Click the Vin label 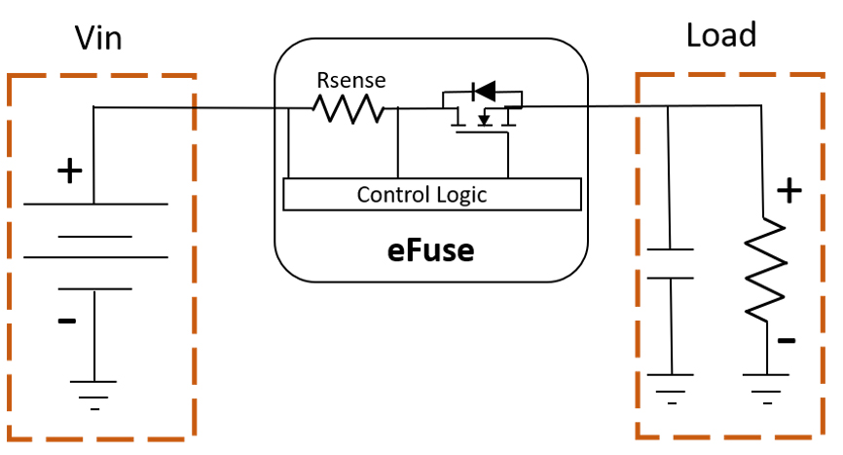pyautogui.click(x=98, y=38)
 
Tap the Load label pyautogui.click(x=721, y=35)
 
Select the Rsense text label pyautogui.click(x=351, y=81)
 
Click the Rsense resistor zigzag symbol pyautogui.click(x=348, y=109)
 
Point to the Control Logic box pyautogui.click(x=432, y=194)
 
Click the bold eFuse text pyautogui.click(x=430, y=251)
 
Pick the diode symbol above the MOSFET pyautogui.click(x=484, y=91)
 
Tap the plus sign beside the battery pyautogui.click(x=70, y=171)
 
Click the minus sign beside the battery pyautogui.click(x=67, y=322)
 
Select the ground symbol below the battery pyautogui.click(x=93, y=396)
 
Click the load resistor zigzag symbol pyautogui.click(x=765, y=270)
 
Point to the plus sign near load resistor pyautogui.click(x=789, y=191)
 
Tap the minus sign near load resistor pyautogui.click(x=787, y=340)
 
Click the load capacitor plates pyautogui.click(x=670, y=263)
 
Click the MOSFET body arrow pyautogui.click(x=485, y=119)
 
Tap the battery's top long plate pyautogui.click(x=95, y=205)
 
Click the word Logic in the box pyautogui.click(x=461, y=195)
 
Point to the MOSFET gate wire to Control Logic pyautogui.click(x=508, y=156)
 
